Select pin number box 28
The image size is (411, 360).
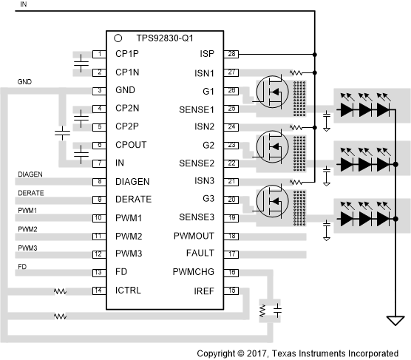click(233, 55)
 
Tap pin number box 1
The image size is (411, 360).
click(98, 55)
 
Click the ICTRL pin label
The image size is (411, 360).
click(128, 291)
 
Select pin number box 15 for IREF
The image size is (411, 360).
click(233, 291)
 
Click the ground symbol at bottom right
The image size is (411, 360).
click(396, 321)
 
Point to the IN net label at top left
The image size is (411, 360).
click(23, 4)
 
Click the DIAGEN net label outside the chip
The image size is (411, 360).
click(30, 174)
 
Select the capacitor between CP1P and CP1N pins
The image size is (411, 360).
click(79, 64)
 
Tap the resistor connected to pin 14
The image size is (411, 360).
click(59, 291)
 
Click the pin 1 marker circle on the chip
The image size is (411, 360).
click(118, 37)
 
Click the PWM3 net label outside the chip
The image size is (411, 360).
click(27, 247)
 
